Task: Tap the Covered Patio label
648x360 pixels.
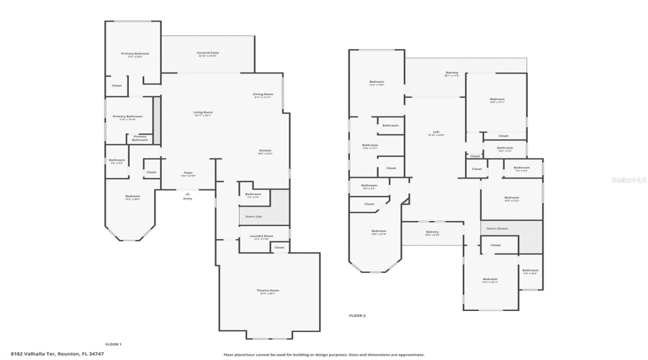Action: (207, 53)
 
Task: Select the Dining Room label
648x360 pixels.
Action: (263, 94)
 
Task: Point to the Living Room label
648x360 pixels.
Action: (202, 112)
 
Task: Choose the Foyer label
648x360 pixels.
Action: (187, 172)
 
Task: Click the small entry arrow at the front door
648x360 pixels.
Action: (187, 192)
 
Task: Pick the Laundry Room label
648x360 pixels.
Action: (261, 235)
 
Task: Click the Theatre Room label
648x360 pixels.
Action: (268, 291)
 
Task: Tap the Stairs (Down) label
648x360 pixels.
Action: (498, 228)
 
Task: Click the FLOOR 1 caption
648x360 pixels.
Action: (114, 344)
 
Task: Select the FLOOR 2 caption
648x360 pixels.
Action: (357, 315)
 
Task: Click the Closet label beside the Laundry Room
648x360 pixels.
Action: (279, 247)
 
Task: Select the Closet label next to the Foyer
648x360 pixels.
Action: (151, 172)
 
